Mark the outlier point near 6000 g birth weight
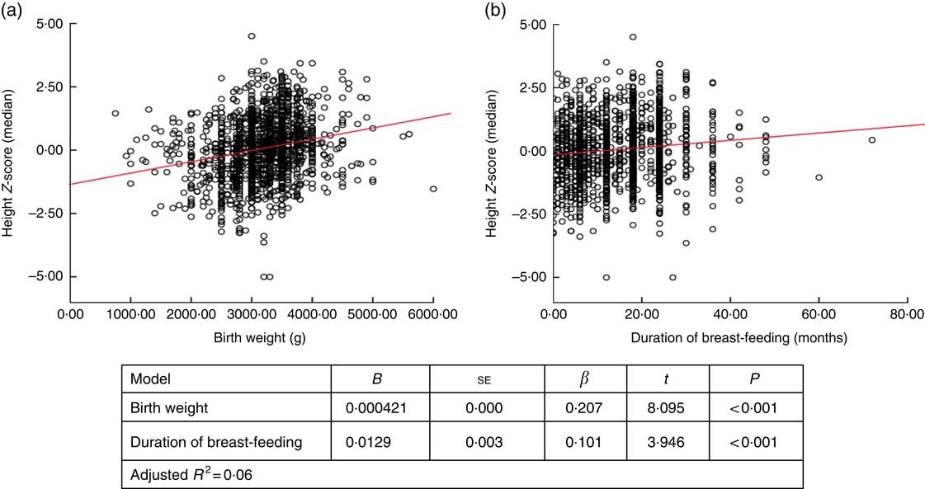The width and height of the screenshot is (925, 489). [x=433, y=189]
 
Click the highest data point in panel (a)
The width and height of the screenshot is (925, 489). [x=252, y=36]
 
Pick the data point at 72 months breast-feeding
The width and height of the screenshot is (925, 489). [x=871, y=140]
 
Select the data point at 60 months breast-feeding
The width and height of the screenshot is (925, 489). [x=819, y=177]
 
